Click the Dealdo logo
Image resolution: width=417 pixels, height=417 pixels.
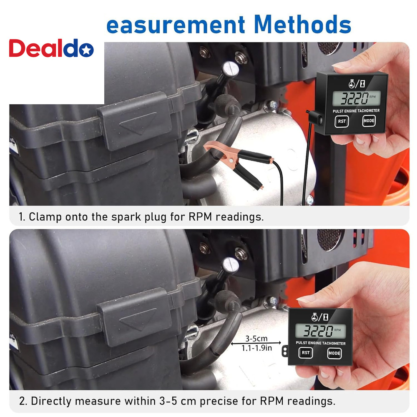(x=51, y=49)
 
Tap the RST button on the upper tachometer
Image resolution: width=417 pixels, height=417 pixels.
(x=342, y=121)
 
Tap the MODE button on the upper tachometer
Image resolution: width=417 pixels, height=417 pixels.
(x=369, y=121)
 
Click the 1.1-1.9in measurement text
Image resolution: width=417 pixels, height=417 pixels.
(x=254, y=347)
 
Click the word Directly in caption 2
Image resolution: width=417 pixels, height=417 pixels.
(x=50, y=402)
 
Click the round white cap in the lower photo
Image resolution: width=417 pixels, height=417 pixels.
(x=229, y=264)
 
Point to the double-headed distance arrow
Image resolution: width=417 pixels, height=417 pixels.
(x=254, y=343)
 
